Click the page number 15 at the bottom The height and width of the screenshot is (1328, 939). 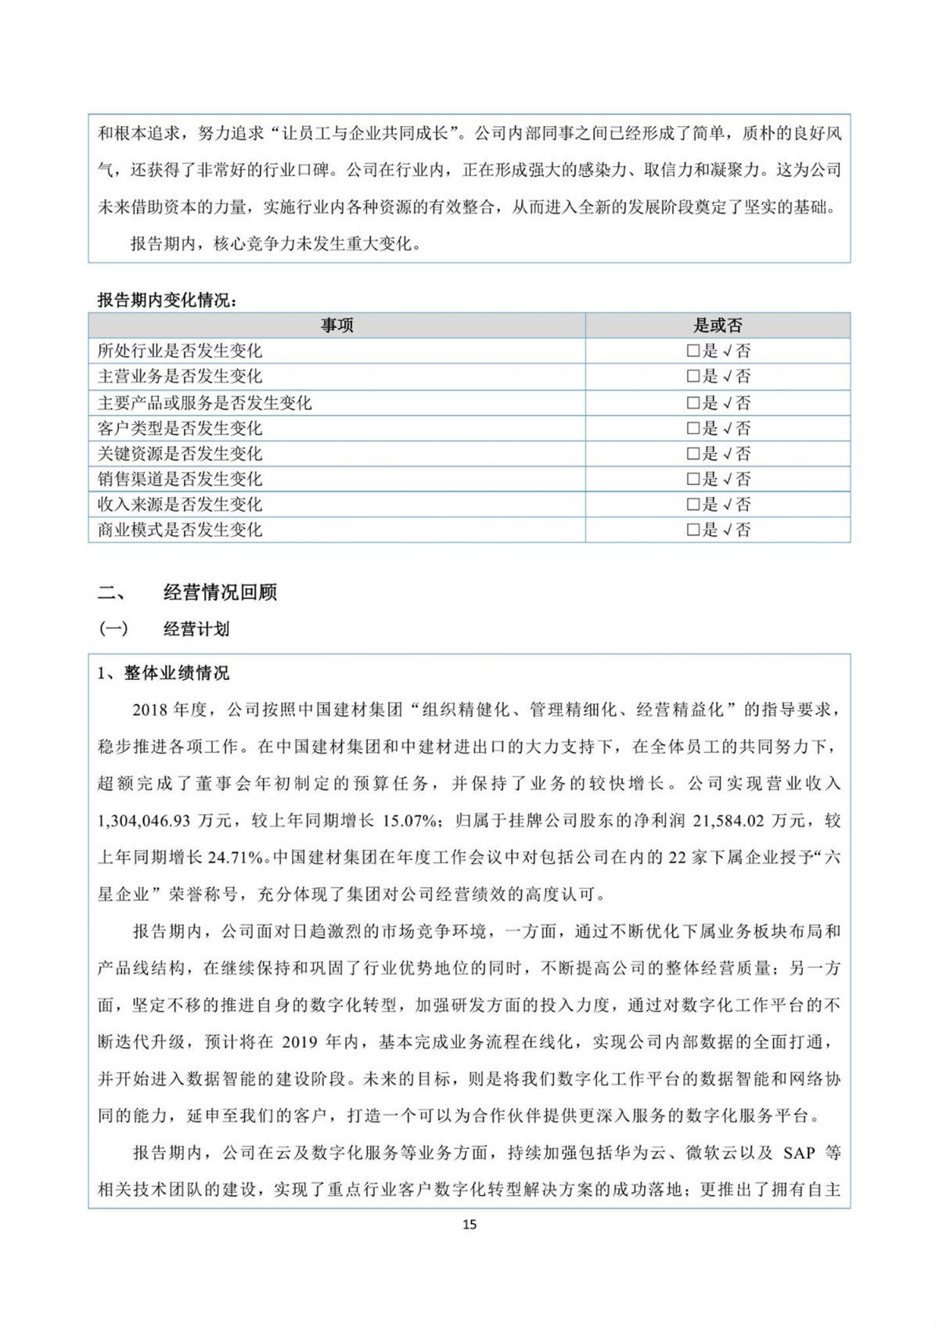click(469, 1224)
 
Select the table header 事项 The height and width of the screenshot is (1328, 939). click(336, 326)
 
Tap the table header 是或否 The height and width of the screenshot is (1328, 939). click(718, 326)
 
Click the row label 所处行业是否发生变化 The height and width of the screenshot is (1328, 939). click(179, 351)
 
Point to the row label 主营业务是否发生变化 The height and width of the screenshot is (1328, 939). click(179, 376)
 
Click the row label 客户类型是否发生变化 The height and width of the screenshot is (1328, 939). click(179, 428)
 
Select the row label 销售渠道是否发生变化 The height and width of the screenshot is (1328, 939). click(179, 479)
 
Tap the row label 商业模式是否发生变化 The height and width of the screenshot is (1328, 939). click(179, 530)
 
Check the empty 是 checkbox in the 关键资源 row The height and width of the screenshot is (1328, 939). click(693, 454)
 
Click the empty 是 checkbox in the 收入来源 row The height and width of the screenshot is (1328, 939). click(693, 505)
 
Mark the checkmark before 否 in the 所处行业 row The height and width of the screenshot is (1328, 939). click(727, 351)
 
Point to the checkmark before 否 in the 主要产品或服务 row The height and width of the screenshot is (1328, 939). click(727, 403)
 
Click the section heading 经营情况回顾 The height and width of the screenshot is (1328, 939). click(220, 592)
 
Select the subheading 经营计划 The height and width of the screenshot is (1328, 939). click(196, 629)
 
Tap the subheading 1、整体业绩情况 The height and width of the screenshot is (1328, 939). click(163, 673)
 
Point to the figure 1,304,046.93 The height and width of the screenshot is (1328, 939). click(144, 821)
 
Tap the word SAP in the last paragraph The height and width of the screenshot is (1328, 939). click(799, 1153)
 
